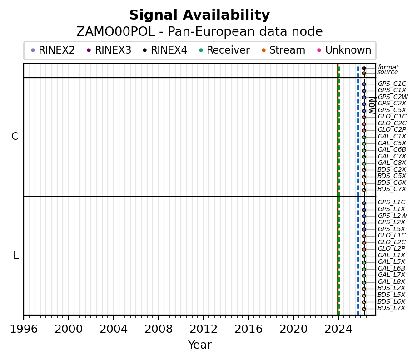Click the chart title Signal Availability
[x=199, y=15]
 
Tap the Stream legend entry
[x=287, y=50]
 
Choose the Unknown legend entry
[x=348, y=50]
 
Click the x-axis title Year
[x=199, y=345]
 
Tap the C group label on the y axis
[x=15, y=137]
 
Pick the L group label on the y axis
[x=16, y=256]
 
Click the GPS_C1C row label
[x=392, y=84]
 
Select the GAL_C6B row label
[x=392, y=150]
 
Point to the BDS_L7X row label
[x=391, y=308]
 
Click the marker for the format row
[x=364, y=68]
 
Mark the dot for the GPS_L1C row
[x=364, y=203]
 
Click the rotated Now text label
[x=371, y=105]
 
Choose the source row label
[x=387, y=72]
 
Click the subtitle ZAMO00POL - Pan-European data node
[x=199, y=32]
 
